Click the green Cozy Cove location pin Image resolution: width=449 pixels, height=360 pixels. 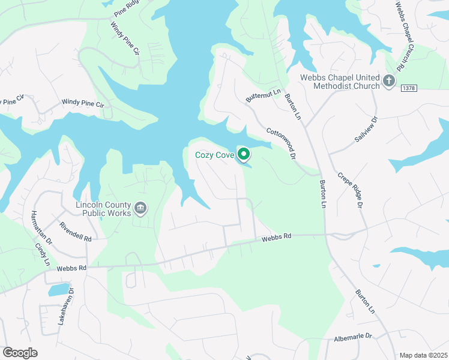pyautogui.click(x=244, y=154)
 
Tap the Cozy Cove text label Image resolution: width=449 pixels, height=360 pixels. pyautogui.click(x=215, y=155)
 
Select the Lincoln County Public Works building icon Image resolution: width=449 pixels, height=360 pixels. pyautogui.click(x=140, y=208)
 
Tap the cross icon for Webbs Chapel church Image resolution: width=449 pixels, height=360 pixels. pyautogui.click(x=389, y=80)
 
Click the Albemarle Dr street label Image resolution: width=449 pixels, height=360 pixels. pyautogui.click(x=354, y=338)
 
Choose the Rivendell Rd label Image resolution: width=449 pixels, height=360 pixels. pyautogui.click(x=76, y=232)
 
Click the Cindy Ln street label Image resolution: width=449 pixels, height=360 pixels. pyautogui.click(x=42, y=254)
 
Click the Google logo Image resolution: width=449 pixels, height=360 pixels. pyautogui.click(x=20, y=352)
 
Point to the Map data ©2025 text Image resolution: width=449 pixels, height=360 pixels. pyautogui.click(x=423, y=355)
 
